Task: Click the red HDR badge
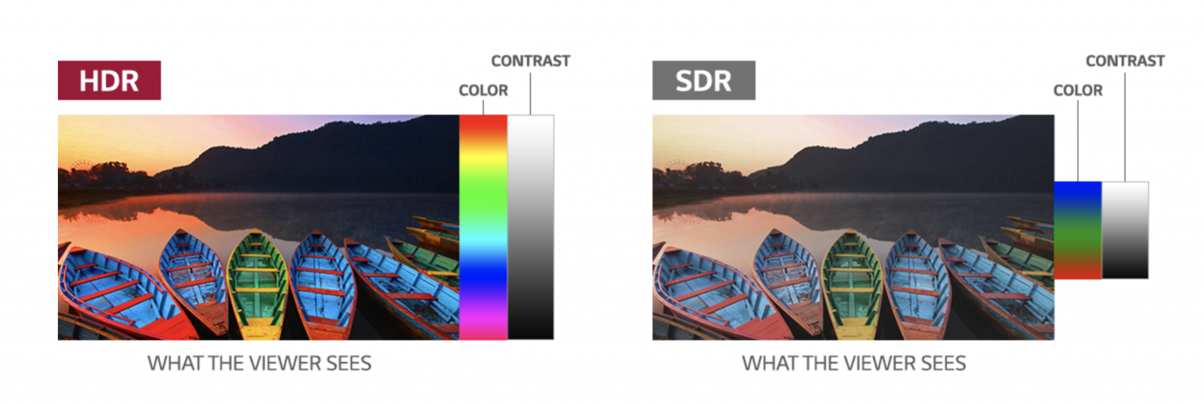point(109,80)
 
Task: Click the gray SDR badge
point(704,80)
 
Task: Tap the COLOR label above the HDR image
point(483,90)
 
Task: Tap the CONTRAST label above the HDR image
point(531,61)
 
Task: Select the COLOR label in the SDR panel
point(1078,90)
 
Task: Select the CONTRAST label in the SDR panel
point(1125,61)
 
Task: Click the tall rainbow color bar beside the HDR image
point(483,227)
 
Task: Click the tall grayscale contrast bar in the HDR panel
point(531,227)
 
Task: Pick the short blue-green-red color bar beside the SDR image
point(1078,230)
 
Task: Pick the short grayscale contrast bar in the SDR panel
point(1125,230)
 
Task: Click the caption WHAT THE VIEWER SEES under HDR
point(259,364)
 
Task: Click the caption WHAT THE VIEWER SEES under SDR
point(854,364)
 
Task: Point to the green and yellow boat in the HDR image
point(257,285)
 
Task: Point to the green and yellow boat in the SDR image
point(852,285)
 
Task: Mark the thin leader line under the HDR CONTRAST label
point(531,93)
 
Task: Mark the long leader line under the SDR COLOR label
point(1078,141)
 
